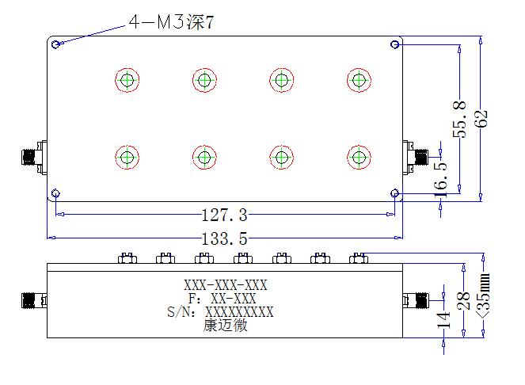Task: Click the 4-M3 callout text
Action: pyautogui.click(x=171, y=22)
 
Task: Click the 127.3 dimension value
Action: pyautogui.click(x=224, y=215)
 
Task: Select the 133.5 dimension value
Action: pyautogui.click(x=224, y=239)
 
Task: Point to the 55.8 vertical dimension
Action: pyautogui.click(x=459, y=120)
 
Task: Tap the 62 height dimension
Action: pyautogui.click(x=481, y=119)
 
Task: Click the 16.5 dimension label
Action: pyautogui.click(x=440, y=179)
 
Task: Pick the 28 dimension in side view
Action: pyautogui.click(x=464, y=300)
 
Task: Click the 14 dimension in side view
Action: pyautogui.click(x=444, y=320)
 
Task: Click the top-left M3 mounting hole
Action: pyautogui.click(x=55, y=44)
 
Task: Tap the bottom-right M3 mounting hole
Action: pyautogui.click(x=395, y=193)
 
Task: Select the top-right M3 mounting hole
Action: pyautogui.click(x=395, y=44)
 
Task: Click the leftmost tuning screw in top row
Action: pyautogui.click(x=127, y=80)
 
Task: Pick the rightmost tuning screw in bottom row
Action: pyautogui.click(x=359, y=157)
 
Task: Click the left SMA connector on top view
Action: pyautogui.click(x=34, y=157)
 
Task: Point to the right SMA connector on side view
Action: pyautogui.click(x=416, y=300)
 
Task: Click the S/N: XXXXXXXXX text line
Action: pyautogui.click(x=220, y=312)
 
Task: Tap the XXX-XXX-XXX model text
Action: pyautogui.click(x=226, y=285)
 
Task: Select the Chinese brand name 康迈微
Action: pyautogui.click(x=226, y=326)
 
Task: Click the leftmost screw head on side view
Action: pyautogui.click(x=127, y=258)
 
